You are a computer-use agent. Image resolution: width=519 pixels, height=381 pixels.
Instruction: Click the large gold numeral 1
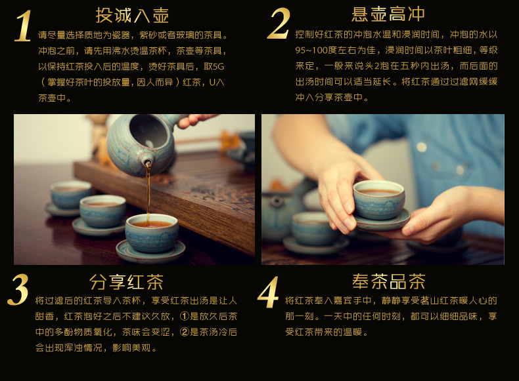tap(23, 26)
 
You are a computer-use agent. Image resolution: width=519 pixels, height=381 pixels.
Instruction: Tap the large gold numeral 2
tap(279, 23)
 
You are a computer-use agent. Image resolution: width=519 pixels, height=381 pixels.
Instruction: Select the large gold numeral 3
tap(18, 290)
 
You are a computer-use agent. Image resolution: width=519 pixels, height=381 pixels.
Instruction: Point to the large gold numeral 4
tap(268, 292)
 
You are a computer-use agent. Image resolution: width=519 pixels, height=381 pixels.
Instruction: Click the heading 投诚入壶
tap(133, 16)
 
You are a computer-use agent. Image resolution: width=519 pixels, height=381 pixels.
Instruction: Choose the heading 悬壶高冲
tap(388, 14)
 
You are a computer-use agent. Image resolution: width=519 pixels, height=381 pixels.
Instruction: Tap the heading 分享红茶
tap(126, 282)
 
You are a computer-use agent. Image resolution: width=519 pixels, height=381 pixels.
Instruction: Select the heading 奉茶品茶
tap(389, 281)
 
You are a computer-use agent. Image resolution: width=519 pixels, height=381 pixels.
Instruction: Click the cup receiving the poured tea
tap(152, 233)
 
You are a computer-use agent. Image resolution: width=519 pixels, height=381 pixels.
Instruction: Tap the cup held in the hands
tap(379, 200)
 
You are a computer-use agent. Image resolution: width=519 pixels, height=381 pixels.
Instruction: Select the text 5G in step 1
tap(218, 66)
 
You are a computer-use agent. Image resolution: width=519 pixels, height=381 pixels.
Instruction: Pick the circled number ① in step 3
tap(184, 316)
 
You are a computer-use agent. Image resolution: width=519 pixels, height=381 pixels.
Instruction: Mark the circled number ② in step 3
tap(184, 332)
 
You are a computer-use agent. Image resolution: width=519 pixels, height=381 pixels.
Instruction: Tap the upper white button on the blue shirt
tap(421, 147)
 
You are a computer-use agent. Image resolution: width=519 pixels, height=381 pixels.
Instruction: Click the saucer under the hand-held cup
tap(381, 222)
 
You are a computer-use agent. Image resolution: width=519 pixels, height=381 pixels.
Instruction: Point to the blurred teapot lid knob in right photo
tap(277, 201)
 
